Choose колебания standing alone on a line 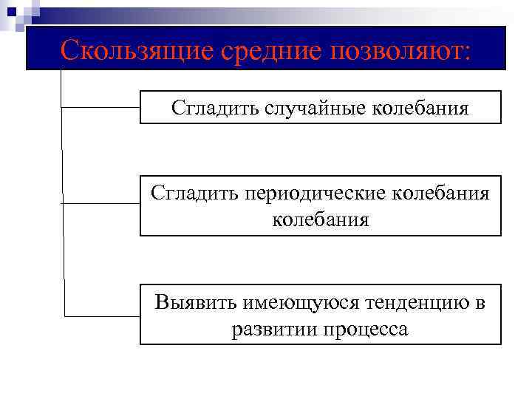point(320,219)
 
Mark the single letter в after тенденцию point(480,303)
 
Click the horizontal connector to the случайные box point(100,107)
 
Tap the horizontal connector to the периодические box point(100,202)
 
